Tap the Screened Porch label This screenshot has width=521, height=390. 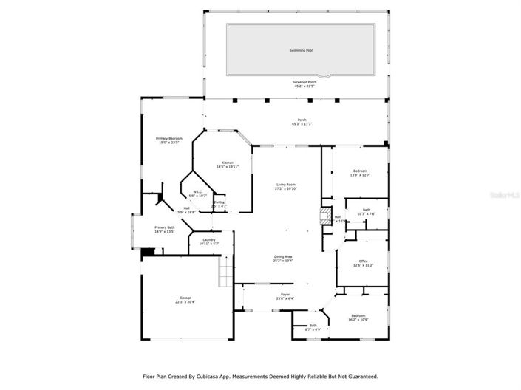pyautogui.click(x=303, y=82)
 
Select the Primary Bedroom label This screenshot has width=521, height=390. pyautogui.click(x=168, y=138)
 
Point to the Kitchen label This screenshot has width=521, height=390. pyautogui.click(x=228, y=162)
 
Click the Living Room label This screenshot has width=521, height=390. pyautogui.click(x=286, y=185)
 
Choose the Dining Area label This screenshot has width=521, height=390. pyautogui.click(x=284, y=256)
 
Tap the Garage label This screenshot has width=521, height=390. pyautogui.click(x=185, y=298)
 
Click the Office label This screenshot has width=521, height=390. pyautogui.click(x=363, y=261)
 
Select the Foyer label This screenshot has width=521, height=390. pyautogui.click(x=285, y=295)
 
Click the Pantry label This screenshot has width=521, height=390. pyautogui.click(x=219, y=202)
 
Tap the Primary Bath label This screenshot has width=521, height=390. pyautogui.click(x=165, y=227)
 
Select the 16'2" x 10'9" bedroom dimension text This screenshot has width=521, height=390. pyautogui.click(x=358, y=320)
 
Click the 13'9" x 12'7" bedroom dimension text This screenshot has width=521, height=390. pyautogui.click(x=360, y=175)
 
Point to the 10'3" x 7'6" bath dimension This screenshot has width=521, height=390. pyautogui.click(x=367, y=214)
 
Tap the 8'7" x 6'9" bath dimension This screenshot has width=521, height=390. pyautogui.click(x=313, y=329)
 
